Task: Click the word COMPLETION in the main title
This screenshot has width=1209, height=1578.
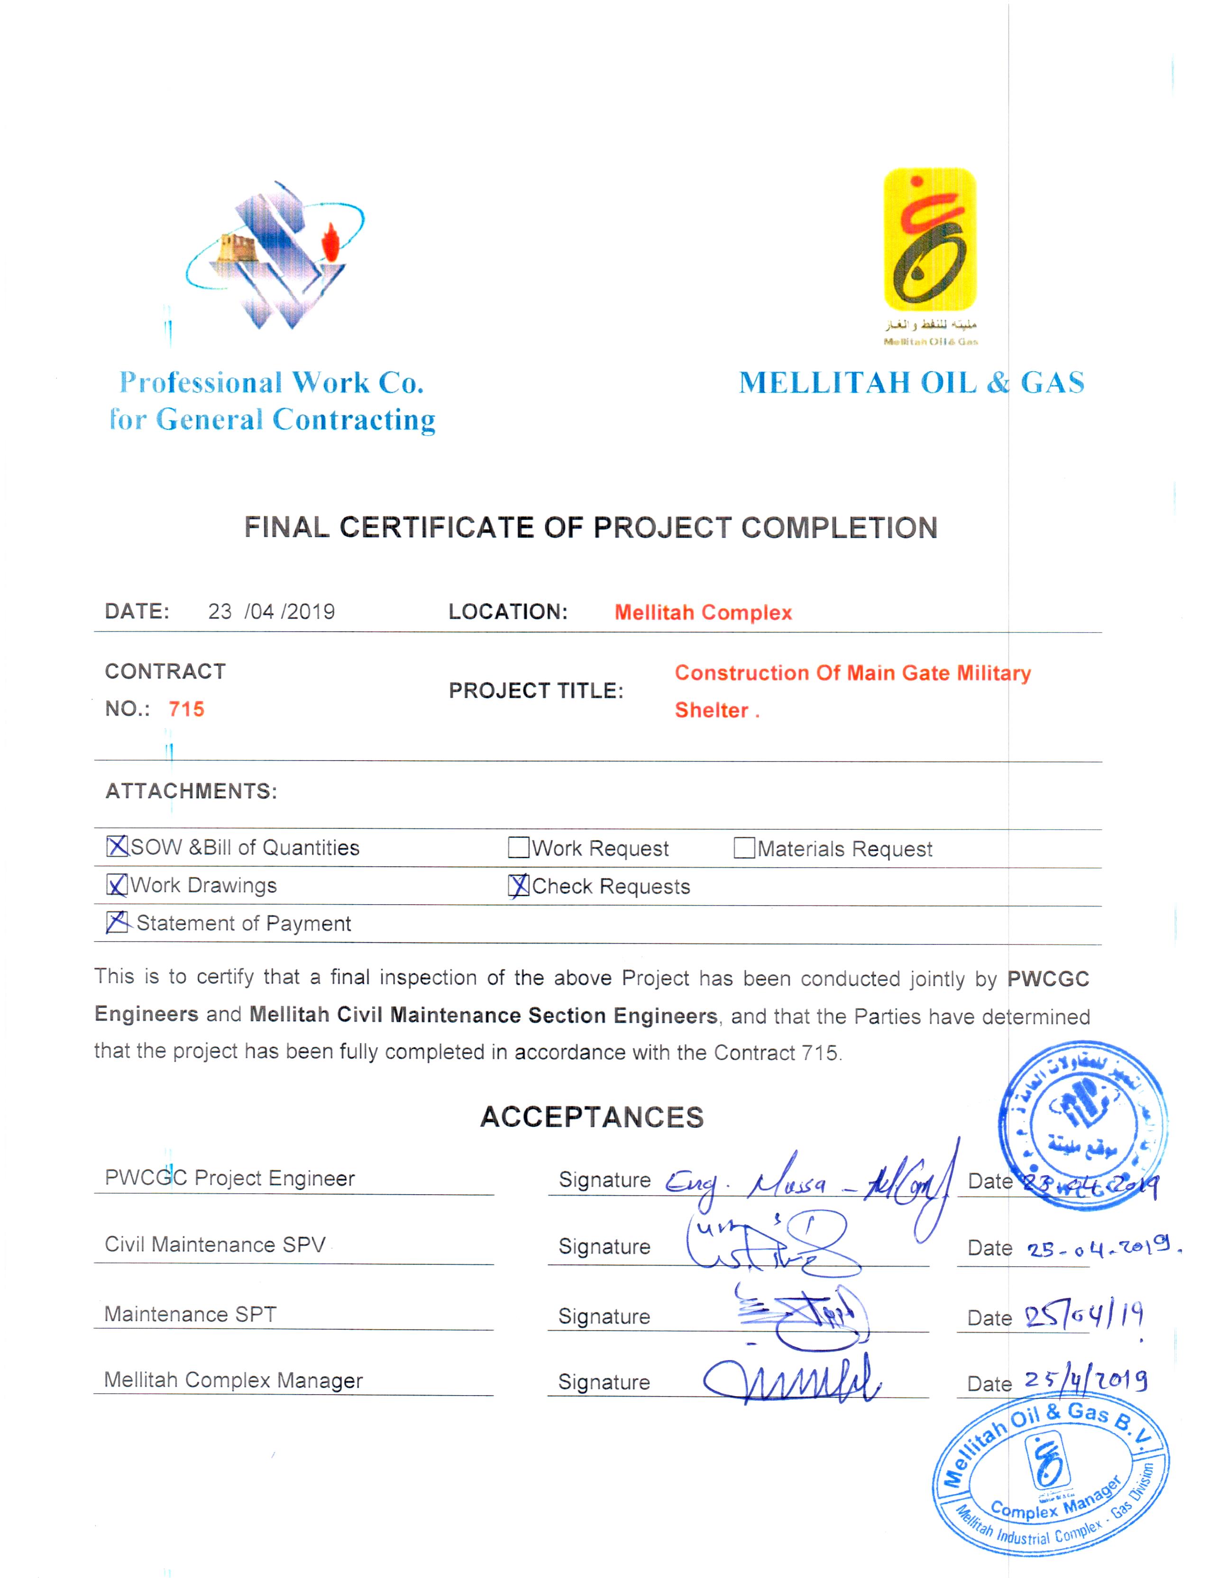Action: tap(839, 528)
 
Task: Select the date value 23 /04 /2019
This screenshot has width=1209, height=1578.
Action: tap(271, 611)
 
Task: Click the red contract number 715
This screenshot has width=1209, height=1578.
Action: tap(186, 709)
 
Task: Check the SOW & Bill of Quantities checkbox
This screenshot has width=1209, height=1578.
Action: tap(117, 846)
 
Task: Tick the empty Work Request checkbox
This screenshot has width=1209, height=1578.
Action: tap(518, 848)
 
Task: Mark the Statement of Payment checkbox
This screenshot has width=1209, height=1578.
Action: tap(117, 922)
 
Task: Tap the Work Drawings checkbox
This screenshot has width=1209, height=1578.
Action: tap(117, 885)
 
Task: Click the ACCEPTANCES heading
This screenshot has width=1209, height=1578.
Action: tap(592, 1117)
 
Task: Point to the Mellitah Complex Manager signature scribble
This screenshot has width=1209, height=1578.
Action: tap(792, 1380)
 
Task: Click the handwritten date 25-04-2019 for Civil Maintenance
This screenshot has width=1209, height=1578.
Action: tap(1101, 1247)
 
